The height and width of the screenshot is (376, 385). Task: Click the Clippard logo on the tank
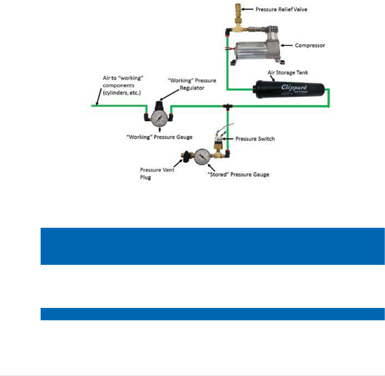point(294,88)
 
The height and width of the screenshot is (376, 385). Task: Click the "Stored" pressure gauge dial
point(202,157)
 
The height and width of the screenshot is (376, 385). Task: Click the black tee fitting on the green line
point(228,106)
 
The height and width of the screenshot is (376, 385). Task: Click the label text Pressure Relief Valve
point(281,9)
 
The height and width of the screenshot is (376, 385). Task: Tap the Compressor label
point(310,45)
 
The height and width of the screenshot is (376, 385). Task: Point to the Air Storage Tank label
point(288,72)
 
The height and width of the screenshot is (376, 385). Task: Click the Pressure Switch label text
point(255,139)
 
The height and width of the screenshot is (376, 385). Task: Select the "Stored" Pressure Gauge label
point(238,174)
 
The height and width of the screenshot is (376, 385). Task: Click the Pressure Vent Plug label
point(157,173)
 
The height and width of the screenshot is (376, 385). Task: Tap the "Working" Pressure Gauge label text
point(159,137)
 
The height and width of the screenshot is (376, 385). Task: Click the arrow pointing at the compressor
point(286,45)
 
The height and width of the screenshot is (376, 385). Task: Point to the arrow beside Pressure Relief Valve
point(247,9)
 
